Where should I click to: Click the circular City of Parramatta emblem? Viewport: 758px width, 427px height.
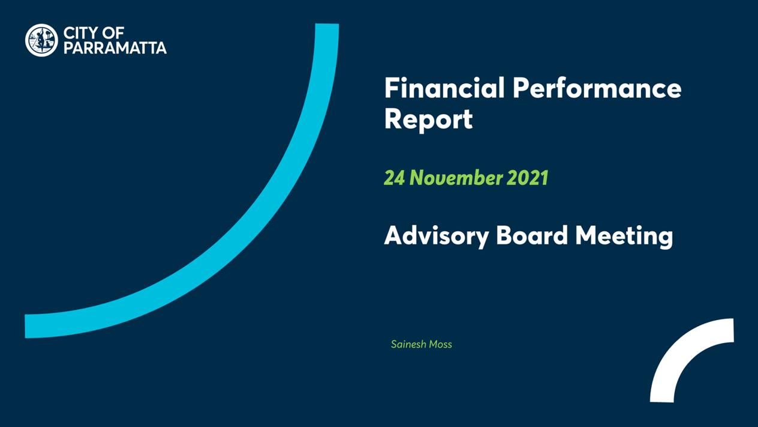41,40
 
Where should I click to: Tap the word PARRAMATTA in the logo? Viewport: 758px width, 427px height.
115,48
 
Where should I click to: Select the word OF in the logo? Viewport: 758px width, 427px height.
113,34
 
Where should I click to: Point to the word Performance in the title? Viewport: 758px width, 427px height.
597,88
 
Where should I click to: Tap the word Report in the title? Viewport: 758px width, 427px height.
428,120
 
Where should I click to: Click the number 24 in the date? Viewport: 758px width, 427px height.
394,178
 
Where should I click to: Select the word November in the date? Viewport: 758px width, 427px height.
456,178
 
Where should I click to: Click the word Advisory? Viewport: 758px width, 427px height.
437,236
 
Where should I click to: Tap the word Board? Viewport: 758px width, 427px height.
532,235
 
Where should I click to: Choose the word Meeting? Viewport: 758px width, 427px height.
624,236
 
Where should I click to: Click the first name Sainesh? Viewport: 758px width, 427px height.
409,344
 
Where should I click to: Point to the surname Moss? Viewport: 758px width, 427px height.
441,344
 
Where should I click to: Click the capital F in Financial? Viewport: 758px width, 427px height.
391,88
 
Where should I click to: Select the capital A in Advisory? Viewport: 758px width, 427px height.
394,235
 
